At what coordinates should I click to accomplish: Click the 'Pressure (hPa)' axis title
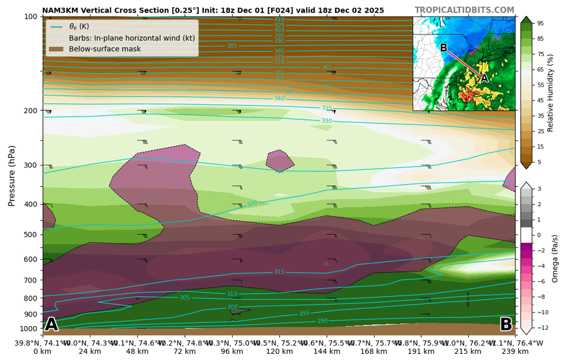click(11, 175)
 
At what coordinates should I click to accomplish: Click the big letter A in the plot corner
click(52, 324)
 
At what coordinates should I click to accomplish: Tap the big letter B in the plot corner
click(506, 324)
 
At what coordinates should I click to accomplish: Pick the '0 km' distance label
click(42, 351)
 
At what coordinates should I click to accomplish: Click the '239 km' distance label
click(515, 351)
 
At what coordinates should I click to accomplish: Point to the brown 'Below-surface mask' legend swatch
click(57, 49)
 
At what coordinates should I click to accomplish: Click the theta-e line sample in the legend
click(57, 27)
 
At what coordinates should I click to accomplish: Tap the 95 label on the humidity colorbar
click(541, 23)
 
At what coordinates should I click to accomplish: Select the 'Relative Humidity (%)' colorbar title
click(550, 93)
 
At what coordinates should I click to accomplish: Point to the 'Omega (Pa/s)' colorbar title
click(555, 258)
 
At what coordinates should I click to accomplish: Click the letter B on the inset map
click(444, 48)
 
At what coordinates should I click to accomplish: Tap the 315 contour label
click(279, 272)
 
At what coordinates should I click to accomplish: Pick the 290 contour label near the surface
click(322, 321)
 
